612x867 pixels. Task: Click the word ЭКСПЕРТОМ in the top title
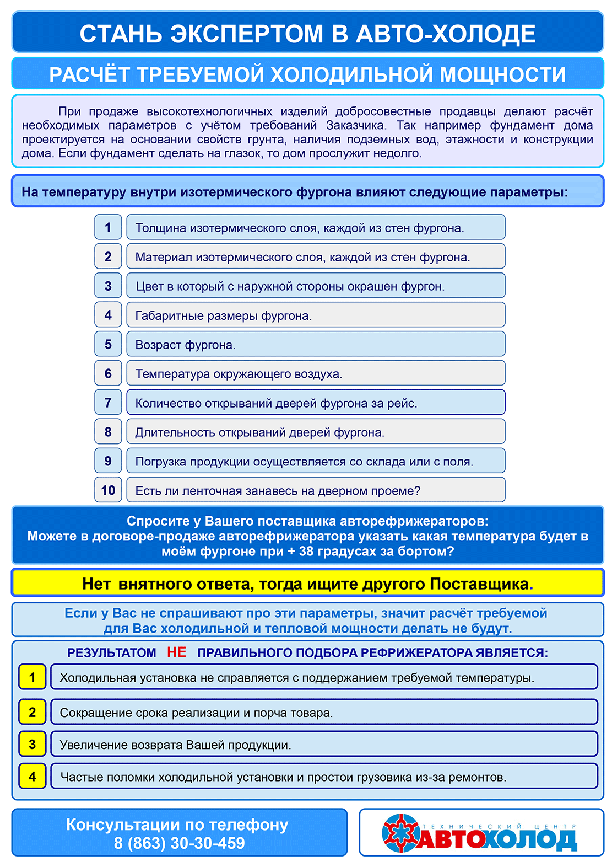click(x=248, y=34)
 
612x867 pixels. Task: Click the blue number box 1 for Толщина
click(x=108, y=227)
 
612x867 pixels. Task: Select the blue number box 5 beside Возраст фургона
click(x=108, y=344)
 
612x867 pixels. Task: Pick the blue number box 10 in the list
click(x=108, y=490)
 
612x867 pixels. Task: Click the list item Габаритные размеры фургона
click(x=315, y=315)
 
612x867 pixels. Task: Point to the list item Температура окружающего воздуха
click(x=315, y=373)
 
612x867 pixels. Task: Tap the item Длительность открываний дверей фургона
click(x=315, y=432)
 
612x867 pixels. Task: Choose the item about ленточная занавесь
click(x=315, y=490)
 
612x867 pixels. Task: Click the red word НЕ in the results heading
click(x=177, y=652)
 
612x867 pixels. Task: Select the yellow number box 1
click(x=32, y=677)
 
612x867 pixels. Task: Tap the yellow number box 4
click(x=32, y=777)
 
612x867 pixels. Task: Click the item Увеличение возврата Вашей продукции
click(x=323, y=745)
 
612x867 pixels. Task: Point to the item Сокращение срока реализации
click(x=323, y=713)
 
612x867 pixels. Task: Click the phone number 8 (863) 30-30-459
click(x=179, y=843)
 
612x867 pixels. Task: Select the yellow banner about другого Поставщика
click(x=307, y=584)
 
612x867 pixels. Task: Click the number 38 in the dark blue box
click(x=306, y=552)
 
